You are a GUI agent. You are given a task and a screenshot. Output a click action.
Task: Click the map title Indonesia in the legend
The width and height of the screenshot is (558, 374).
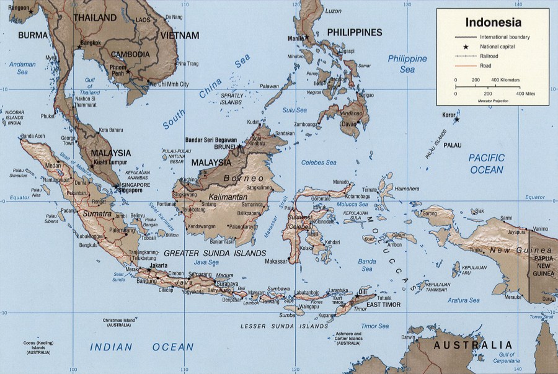[x=493, y=22]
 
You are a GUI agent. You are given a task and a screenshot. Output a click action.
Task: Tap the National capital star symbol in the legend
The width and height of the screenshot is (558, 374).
[x=465, y=47]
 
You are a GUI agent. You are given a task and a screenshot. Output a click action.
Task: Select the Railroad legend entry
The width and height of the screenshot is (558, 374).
[x=489, y=56]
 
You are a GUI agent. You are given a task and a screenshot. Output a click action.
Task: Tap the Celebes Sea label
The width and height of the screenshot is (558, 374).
[x=319, y=163]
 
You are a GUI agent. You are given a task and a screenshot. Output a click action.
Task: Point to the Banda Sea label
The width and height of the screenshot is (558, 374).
[x=367, y=265]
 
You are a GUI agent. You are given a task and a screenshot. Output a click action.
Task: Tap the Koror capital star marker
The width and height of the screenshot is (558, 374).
[x=457, y=119]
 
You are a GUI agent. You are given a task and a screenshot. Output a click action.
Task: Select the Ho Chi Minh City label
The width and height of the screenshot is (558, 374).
[x=170, y=83]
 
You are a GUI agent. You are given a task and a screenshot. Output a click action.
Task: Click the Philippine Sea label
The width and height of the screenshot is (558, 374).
[x=407, y=64]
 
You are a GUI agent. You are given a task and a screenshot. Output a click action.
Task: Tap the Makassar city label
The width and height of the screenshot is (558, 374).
[x=276, y=261]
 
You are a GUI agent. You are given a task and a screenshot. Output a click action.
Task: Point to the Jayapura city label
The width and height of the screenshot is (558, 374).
[x=520, y=232]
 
